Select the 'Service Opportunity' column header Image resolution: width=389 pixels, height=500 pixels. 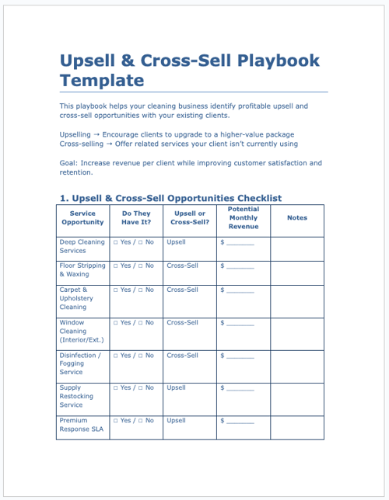[x=82, y=217]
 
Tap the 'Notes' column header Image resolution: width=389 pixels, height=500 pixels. [x=297, y=218]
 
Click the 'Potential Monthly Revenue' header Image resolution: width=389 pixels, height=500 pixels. [x=244, y=217]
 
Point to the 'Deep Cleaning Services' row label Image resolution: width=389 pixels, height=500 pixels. [x=82, y=246]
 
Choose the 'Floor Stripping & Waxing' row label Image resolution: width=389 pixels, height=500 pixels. [x=82, y=269]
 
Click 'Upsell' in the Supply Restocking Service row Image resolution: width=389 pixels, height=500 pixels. [x=177, y=387]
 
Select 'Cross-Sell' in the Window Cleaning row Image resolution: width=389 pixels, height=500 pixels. [x=182, y=322]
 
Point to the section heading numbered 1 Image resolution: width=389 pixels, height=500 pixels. [x=170, y=198]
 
